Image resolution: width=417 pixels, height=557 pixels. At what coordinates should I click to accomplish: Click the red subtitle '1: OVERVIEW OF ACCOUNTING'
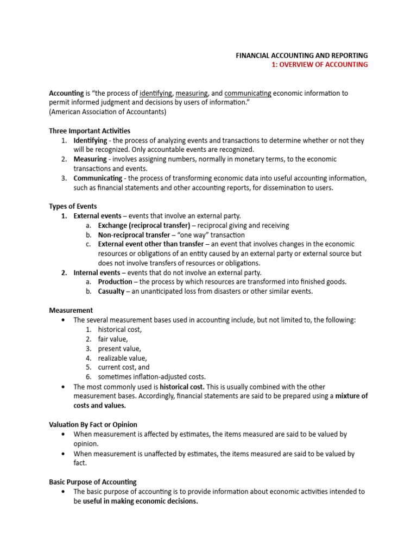click(320, 65)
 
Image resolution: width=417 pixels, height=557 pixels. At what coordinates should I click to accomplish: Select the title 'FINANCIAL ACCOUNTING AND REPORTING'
click(301, 55)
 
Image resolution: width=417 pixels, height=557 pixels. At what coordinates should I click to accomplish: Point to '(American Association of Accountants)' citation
click(108, 112)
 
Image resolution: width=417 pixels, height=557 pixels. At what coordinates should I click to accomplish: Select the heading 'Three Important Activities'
click(90, 131)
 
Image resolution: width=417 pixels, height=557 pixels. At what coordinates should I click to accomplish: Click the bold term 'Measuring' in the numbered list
click(90, 159)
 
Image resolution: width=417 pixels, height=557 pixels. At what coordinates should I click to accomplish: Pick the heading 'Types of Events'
click(73, 206)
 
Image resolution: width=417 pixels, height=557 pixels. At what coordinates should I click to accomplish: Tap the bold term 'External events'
click(98, 216)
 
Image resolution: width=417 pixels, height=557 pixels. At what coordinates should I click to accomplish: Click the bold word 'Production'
click(115, 282)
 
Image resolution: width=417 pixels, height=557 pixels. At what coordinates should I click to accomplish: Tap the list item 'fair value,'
click(113, 339)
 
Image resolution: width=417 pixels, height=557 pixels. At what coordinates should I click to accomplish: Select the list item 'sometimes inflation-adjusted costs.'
click(152, 377)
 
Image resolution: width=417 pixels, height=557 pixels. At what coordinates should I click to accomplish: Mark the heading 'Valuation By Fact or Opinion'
click(93, 424)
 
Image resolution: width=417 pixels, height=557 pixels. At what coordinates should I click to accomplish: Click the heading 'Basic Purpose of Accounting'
click(93, 482)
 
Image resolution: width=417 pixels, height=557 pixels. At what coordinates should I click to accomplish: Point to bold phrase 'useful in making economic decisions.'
click(140, 502)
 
